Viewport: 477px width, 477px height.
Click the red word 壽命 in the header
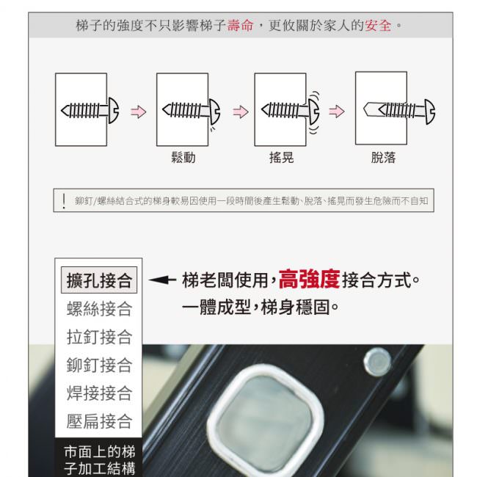[240, 25]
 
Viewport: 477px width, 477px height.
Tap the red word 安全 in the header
[378, 25]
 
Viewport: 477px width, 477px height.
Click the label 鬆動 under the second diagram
[183, 158]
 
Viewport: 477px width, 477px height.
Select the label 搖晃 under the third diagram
[281, 158]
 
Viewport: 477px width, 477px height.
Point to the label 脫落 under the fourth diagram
[383, 158]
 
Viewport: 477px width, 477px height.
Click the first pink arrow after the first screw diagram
[139, 112]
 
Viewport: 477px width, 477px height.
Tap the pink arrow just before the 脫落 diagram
[336, 112]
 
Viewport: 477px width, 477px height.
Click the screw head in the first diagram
[114, 110]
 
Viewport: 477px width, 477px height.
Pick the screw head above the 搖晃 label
[314, 111]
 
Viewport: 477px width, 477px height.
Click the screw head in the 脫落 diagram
[430, 112]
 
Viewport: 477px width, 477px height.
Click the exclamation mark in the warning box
[64, 201]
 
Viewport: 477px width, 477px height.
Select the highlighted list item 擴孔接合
[99, 280]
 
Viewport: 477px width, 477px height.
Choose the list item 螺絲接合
[99, 309]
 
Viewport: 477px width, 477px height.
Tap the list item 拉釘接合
[99, 337]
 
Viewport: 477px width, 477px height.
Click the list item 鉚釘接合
[99, 365]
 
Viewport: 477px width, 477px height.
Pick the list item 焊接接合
[99, 393]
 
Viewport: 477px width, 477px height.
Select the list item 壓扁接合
[99, 421]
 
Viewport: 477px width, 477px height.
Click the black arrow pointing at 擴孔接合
[162, 280]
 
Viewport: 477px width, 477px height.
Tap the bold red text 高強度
[309, 279]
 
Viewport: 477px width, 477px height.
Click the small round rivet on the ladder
[377, 362]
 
